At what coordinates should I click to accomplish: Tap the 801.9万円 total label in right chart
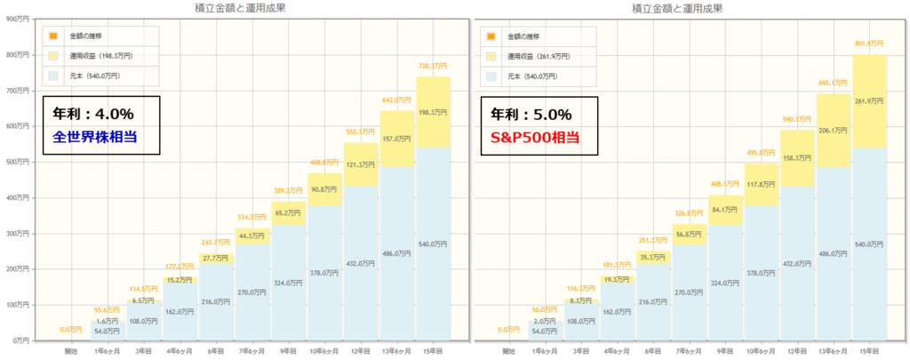(870, 44)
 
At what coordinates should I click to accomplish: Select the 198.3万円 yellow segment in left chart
(433, 112)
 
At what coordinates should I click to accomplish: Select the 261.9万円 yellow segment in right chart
(870, 100)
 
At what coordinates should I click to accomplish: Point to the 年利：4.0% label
(91, 114)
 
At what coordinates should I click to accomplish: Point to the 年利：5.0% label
(530, 114)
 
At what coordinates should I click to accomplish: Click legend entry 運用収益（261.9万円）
(539, 56)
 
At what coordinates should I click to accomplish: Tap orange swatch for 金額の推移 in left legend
(53, 36)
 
